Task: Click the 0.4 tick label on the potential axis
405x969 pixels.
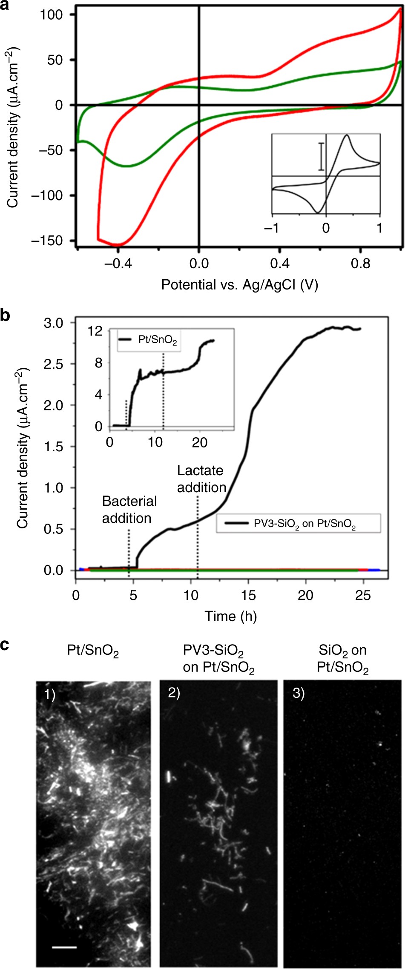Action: (280, 264)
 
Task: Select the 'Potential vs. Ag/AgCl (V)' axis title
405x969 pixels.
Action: (239, 285)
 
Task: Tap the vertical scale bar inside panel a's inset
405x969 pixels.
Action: (322, 156)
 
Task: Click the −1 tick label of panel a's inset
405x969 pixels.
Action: (272, 228)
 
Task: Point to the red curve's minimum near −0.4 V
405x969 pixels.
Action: (118, 245)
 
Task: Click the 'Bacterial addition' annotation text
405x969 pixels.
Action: (129, 510)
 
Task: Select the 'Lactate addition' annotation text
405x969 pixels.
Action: (201, 479)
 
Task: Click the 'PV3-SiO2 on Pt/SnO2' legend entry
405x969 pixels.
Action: (298, 524)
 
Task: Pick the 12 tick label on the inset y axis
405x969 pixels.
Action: (96, 330)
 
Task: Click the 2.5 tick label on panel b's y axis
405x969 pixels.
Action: (54, 364)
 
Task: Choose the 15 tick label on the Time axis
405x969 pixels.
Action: (248, 595)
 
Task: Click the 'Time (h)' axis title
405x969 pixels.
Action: (231, 616)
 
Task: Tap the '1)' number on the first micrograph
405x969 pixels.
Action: (50, 694)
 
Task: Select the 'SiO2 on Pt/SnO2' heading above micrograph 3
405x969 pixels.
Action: (342, 659)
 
